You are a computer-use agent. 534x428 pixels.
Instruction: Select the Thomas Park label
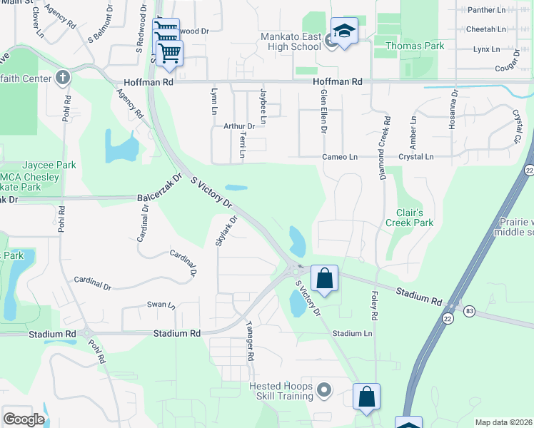pos(414,46)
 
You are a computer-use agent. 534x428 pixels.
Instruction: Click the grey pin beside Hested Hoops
pos(324,389)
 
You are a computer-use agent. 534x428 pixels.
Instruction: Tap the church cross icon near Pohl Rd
pos(63,76)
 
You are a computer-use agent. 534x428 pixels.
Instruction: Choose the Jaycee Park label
pos(49,165)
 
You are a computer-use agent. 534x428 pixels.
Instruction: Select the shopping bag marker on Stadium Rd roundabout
pos(324,278)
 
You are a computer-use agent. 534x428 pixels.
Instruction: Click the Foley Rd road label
pos(374,305)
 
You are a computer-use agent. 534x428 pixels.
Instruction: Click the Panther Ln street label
pos(485,10)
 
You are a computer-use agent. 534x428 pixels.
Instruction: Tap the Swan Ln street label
pos(161,305)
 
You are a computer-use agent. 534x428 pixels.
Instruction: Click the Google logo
pos(24,419)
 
